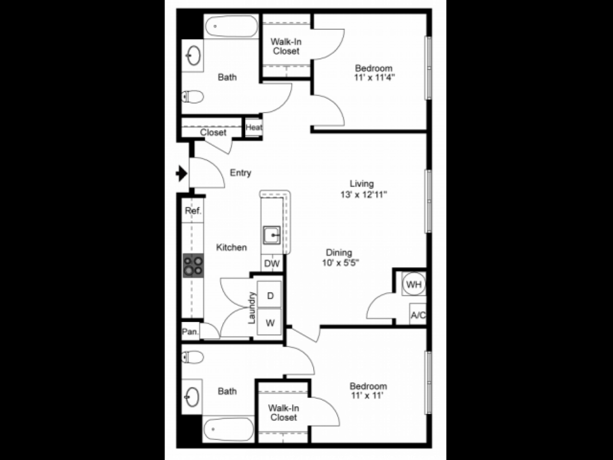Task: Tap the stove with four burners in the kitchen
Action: click(193, 265)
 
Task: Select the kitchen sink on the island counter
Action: click(272, 236)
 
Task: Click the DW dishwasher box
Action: click(272, 264)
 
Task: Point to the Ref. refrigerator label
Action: click(193, 211)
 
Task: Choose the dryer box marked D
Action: click(270, 295)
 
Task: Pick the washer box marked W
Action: click(270, 323)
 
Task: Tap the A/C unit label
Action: click(418, 315)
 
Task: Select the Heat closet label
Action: click(253, 128)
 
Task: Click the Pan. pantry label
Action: click(191, 331)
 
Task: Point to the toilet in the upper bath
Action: click(193, 96)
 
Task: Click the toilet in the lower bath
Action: click(193, 356)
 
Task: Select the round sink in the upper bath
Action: click(194, 56)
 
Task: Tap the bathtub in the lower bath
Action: click(228, 428)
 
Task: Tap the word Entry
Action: click(240, 173)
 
